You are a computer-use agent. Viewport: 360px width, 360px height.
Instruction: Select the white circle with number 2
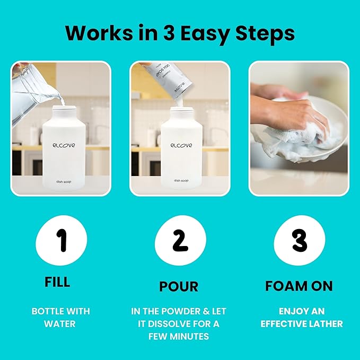pyautogui.click(x=180, y=242)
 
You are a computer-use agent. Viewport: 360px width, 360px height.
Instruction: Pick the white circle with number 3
pyautogui.click(x=300, y=242)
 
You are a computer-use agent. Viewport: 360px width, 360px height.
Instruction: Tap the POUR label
pyautogui.click(x=179, y=287)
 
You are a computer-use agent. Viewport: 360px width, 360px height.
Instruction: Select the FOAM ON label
pyautogui.click(x=299, y=286)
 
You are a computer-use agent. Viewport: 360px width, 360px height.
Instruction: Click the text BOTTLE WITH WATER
pyautogui.click(x=60, y=317)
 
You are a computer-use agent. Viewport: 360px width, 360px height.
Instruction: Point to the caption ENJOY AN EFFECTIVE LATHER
pyautogui.click(x=301, y=317)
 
